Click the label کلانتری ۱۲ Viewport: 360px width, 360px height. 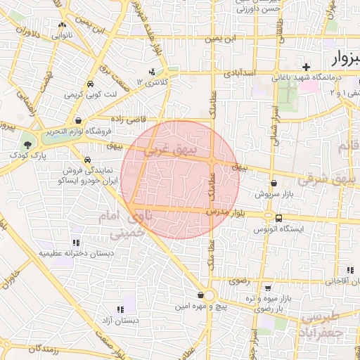[x=153, y=83]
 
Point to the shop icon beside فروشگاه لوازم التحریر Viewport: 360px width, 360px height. [x=86, y=121]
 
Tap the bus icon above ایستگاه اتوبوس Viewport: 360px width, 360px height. [x=279, y=217]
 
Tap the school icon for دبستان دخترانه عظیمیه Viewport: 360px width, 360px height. [x=76, y=243]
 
